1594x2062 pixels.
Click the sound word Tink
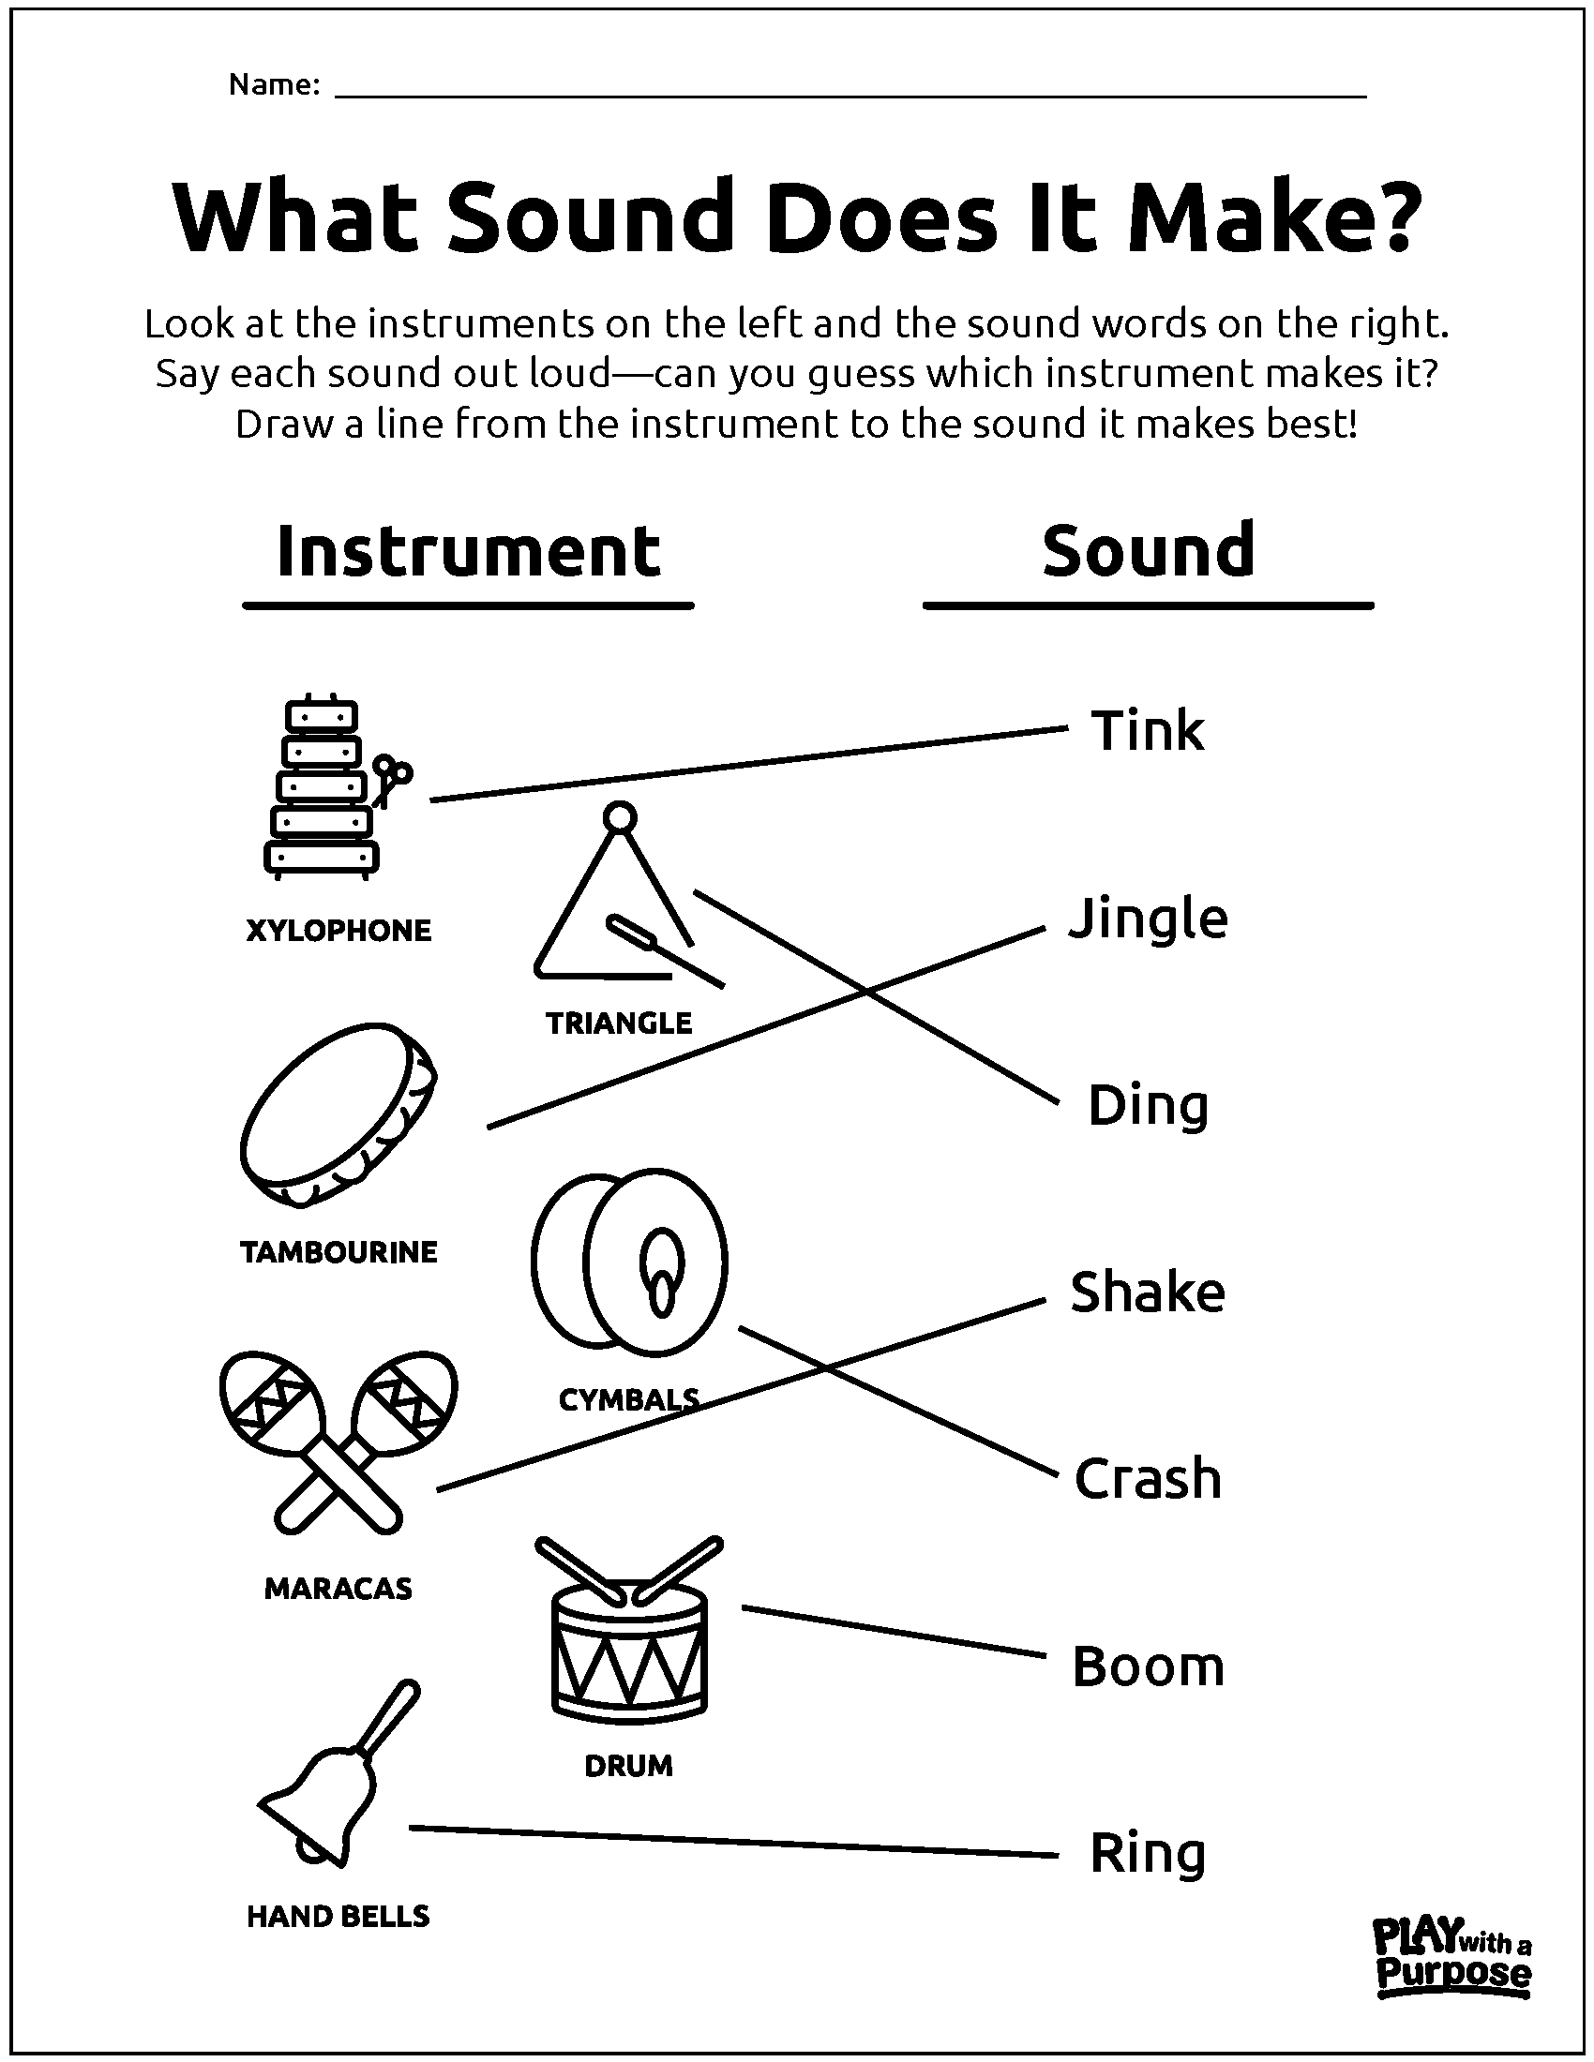[1148, 731]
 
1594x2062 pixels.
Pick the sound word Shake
[1148, 1292]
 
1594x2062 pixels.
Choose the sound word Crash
[1148, 1477]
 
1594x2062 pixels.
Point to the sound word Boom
[1149, 1666]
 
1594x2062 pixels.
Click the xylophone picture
[337, 787]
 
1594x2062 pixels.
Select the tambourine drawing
[339, 1114]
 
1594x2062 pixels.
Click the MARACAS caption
[338, 1589]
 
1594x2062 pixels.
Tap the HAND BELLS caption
[338, 1917]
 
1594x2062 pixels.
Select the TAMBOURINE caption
[339, 1252]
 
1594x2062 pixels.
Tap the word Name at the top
[275, 85]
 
